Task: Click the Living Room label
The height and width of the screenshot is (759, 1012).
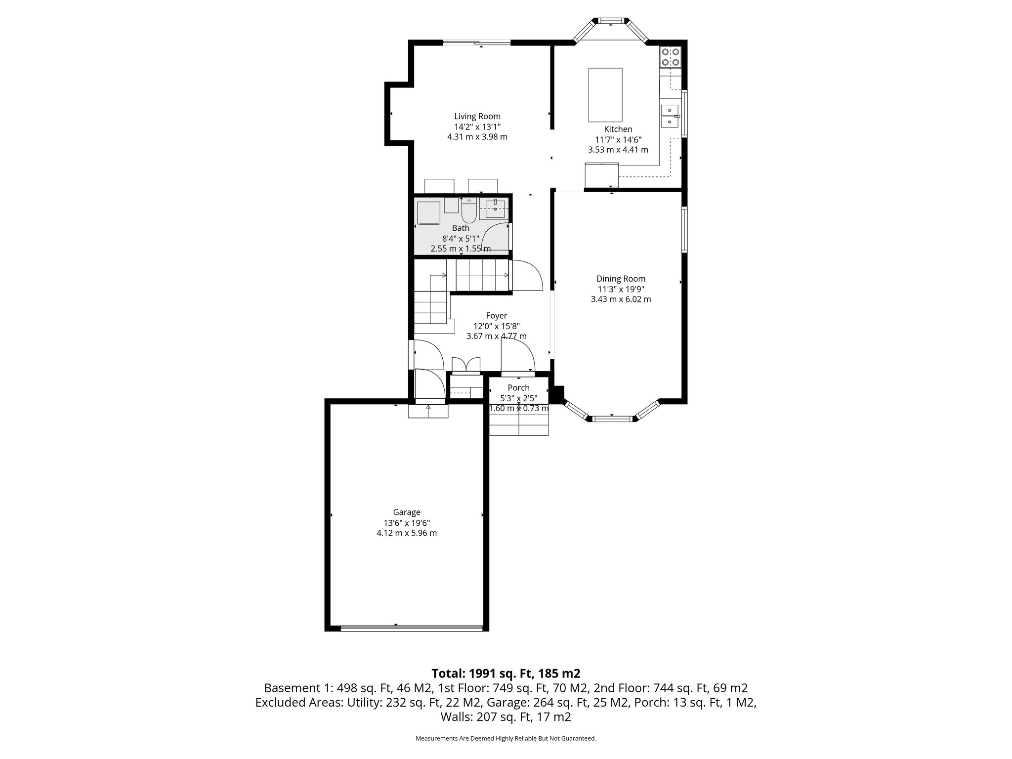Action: [x=477, y=117]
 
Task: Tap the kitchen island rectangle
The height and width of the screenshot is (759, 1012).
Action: [x=605, y=95]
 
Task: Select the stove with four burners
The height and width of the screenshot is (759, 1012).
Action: [x=670, y=57]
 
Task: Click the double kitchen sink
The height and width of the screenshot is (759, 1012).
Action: [x=670, y=116]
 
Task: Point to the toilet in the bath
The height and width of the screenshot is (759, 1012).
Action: [x=468, y=212]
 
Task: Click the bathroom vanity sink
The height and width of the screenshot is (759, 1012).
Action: [x=495, y=209]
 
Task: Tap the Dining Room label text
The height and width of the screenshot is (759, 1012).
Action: [x=621, y=279]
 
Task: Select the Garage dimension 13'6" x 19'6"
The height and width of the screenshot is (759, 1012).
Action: [x=406, y=523]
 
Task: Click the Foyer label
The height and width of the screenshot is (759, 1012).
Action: [x=496, y=316]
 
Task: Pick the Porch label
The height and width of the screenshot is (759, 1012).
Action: [x=518, y=388]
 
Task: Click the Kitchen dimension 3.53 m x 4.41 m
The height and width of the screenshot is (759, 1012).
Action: [x=618, y=150]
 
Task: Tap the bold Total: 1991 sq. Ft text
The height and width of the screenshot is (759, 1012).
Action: [x=506, y=674]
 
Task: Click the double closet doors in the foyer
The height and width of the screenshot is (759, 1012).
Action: [x=465, y=365]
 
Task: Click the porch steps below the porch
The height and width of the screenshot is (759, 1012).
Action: [x=519, y=424]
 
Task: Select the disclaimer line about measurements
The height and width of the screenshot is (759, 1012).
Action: [x=506, y=739]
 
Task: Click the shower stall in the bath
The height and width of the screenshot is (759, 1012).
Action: [x=428, y=213]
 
